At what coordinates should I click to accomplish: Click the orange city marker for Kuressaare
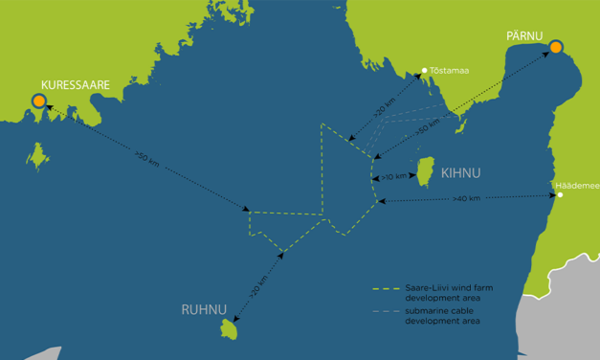click(38, 101)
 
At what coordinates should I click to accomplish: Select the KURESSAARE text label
click(76, 85)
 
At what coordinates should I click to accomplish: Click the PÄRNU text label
click(524, 36)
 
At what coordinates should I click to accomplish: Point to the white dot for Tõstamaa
click(424, 70)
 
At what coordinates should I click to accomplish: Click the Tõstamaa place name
click(450, 70)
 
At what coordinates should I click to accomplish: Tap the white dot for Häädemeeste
click(561, 195)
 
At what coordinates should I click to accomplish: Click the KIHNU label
click(461, 173)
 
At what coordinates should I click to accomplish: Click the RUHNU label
click(204, 309)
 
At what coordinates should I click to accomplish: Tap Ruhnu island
click(230, 330)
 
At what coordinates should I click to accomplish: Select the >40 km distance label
click(467, 198)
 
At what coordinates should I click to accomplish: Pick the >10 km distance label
click(393, 177)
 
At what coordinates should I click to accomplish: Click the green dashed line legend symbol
click(385, 287)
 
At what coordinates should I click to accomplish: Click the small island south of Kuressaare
click(37, 155)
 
